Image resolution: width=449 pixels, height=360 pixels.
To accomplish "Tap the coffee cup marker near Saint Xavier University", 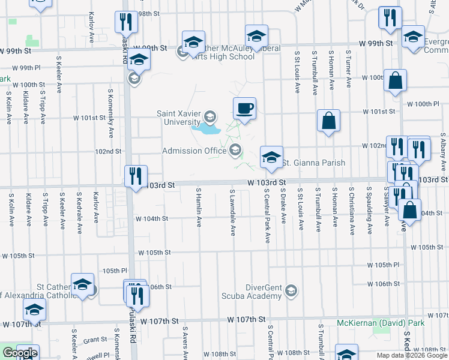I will (244, 109).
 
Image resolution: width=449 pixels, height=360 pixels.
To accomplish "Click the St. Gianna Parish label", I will (313, 163).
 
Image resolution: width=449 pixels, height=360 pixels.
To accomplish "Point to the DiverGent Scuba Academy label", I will (264, 292).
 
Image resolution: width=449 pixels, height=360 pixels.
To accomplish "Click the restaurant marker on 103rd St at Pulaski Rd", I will (136, 176).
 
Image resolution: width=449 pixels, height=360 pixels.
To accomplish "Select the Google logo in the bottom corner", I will (20, 353).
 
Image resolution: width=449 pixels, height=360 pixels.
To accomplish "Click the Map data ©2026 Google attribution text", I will (412, 355).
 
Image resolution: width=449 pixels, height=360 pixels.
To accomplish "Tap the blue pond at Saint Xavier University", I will (205, 127).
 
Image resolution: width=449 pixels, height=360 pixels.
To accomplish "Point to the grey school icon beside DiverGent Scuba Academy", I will (291, 291).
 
